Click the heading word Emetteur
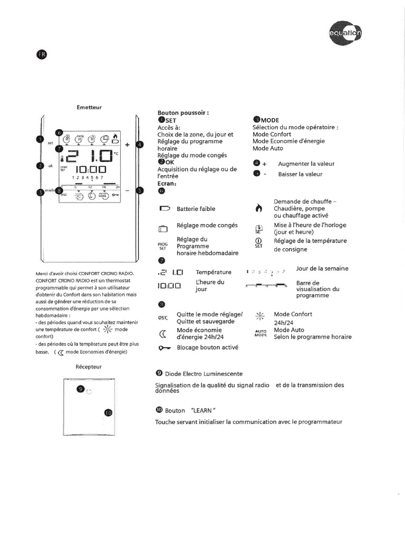[x=89, y=108]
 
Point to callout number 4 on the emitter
[x=139, y=144]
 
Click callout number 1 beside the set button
[x=40, y=139]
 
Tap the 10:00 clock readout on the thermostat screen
[x=91, y=170]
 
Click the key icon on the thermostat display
[x=115, y=195]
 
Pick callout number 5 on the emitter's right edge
[x=139, y=191]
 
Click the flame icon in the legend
[x=258, y=208]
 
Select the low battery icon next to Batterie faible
[x=164, y=209]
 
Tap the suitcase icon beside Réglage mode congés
[x=163, y=228]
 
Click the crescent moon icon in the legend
[x=163, y=333]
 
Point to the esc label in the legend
[x=162, y=318]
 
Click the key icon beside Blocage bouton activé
[x=164, y=348]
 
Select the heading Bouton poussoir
[x=183, y=113]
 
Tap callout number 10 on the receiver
[x=108, y=412]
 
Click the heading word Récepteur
[x=89, y=366]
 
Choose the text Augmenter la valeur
[x=306, y=164]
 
